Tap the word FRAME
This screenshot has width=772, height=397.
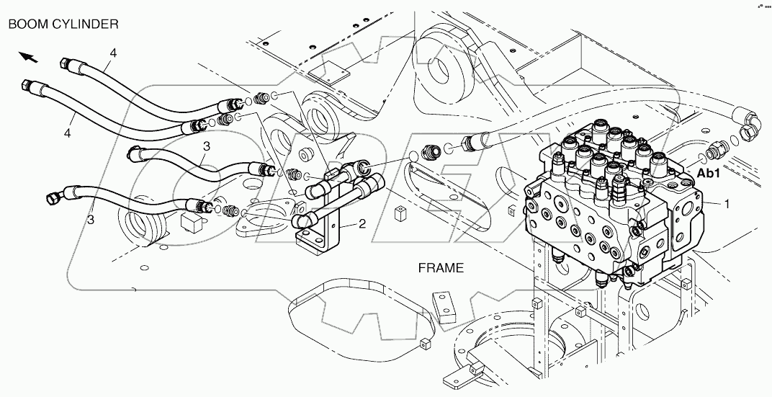click(441, 268)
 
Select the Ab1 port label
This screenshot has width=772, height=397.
click(709, 173)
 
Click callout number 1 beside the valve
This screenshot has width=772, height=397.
click(727, 205)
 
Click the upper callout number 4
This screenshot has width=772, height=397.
click(113, 53)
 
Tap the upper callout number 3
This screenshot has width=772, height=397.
click(206, 146)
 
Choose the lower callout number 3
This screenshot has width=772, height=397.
click(91, 219)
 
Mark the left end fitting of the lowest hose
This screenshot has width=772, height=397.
click(54, 195)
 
